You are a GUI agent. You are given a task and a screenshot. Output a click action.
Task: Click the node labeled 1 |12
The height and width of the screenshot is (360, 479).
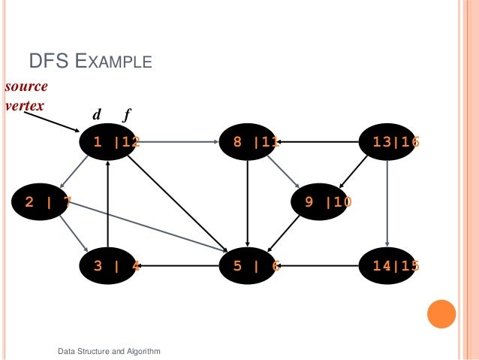(x=109, y=141)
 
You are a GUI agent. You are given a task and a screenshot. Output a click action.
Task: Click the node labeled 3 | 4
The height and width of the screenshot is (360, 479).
(x=109, y=265)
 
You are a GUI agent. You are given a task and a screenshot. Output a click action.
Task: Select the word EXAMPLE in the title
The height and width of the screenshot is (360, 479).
(x=113, y=60)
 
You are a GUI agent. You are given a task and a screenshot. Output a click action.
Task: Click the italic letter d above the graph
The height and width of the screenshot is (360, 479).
(x=96, y=115)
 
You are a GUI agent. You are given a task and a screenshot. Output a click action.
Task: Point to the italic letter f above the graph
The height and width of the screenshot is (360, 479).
(x=128, y=116)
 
